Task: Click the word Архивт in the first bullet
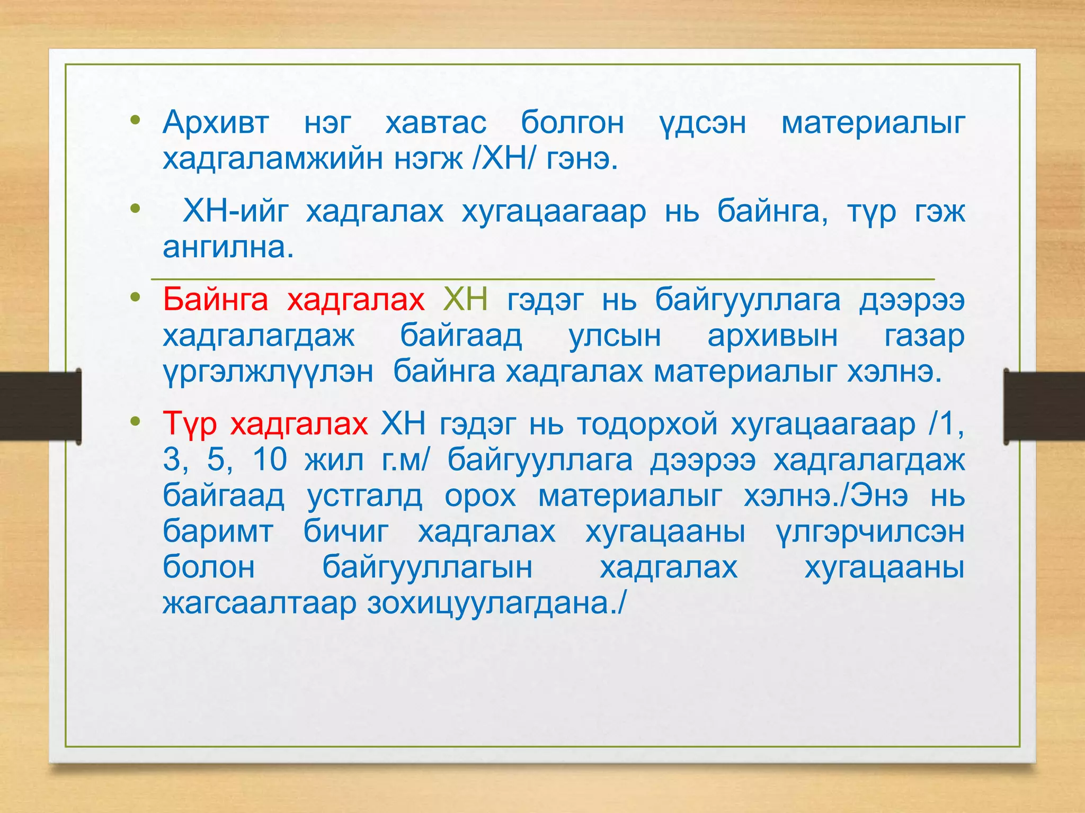click(216, 123)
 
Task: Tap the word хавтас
click(435, 123)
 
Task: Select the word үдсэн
click(702, 123)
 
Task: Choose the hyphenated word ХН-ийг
click(236, 211)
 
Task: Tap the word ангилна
click(228, 247)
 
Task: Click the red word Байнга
click(216, 300)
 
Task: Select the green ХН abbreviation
click(465, 300)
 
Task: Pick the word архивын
click(772, 336)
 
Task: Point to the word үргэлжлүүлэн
click(268, 371)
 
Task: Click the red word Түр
click(190, 424)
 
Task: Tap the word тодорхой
click(647, 424)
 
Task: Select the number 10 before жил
click(270, 459)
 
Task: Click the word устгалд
click(364, 495)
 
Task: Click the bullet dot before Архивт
click(136, 120)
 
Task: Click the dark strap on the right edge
click(1044, 406)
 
